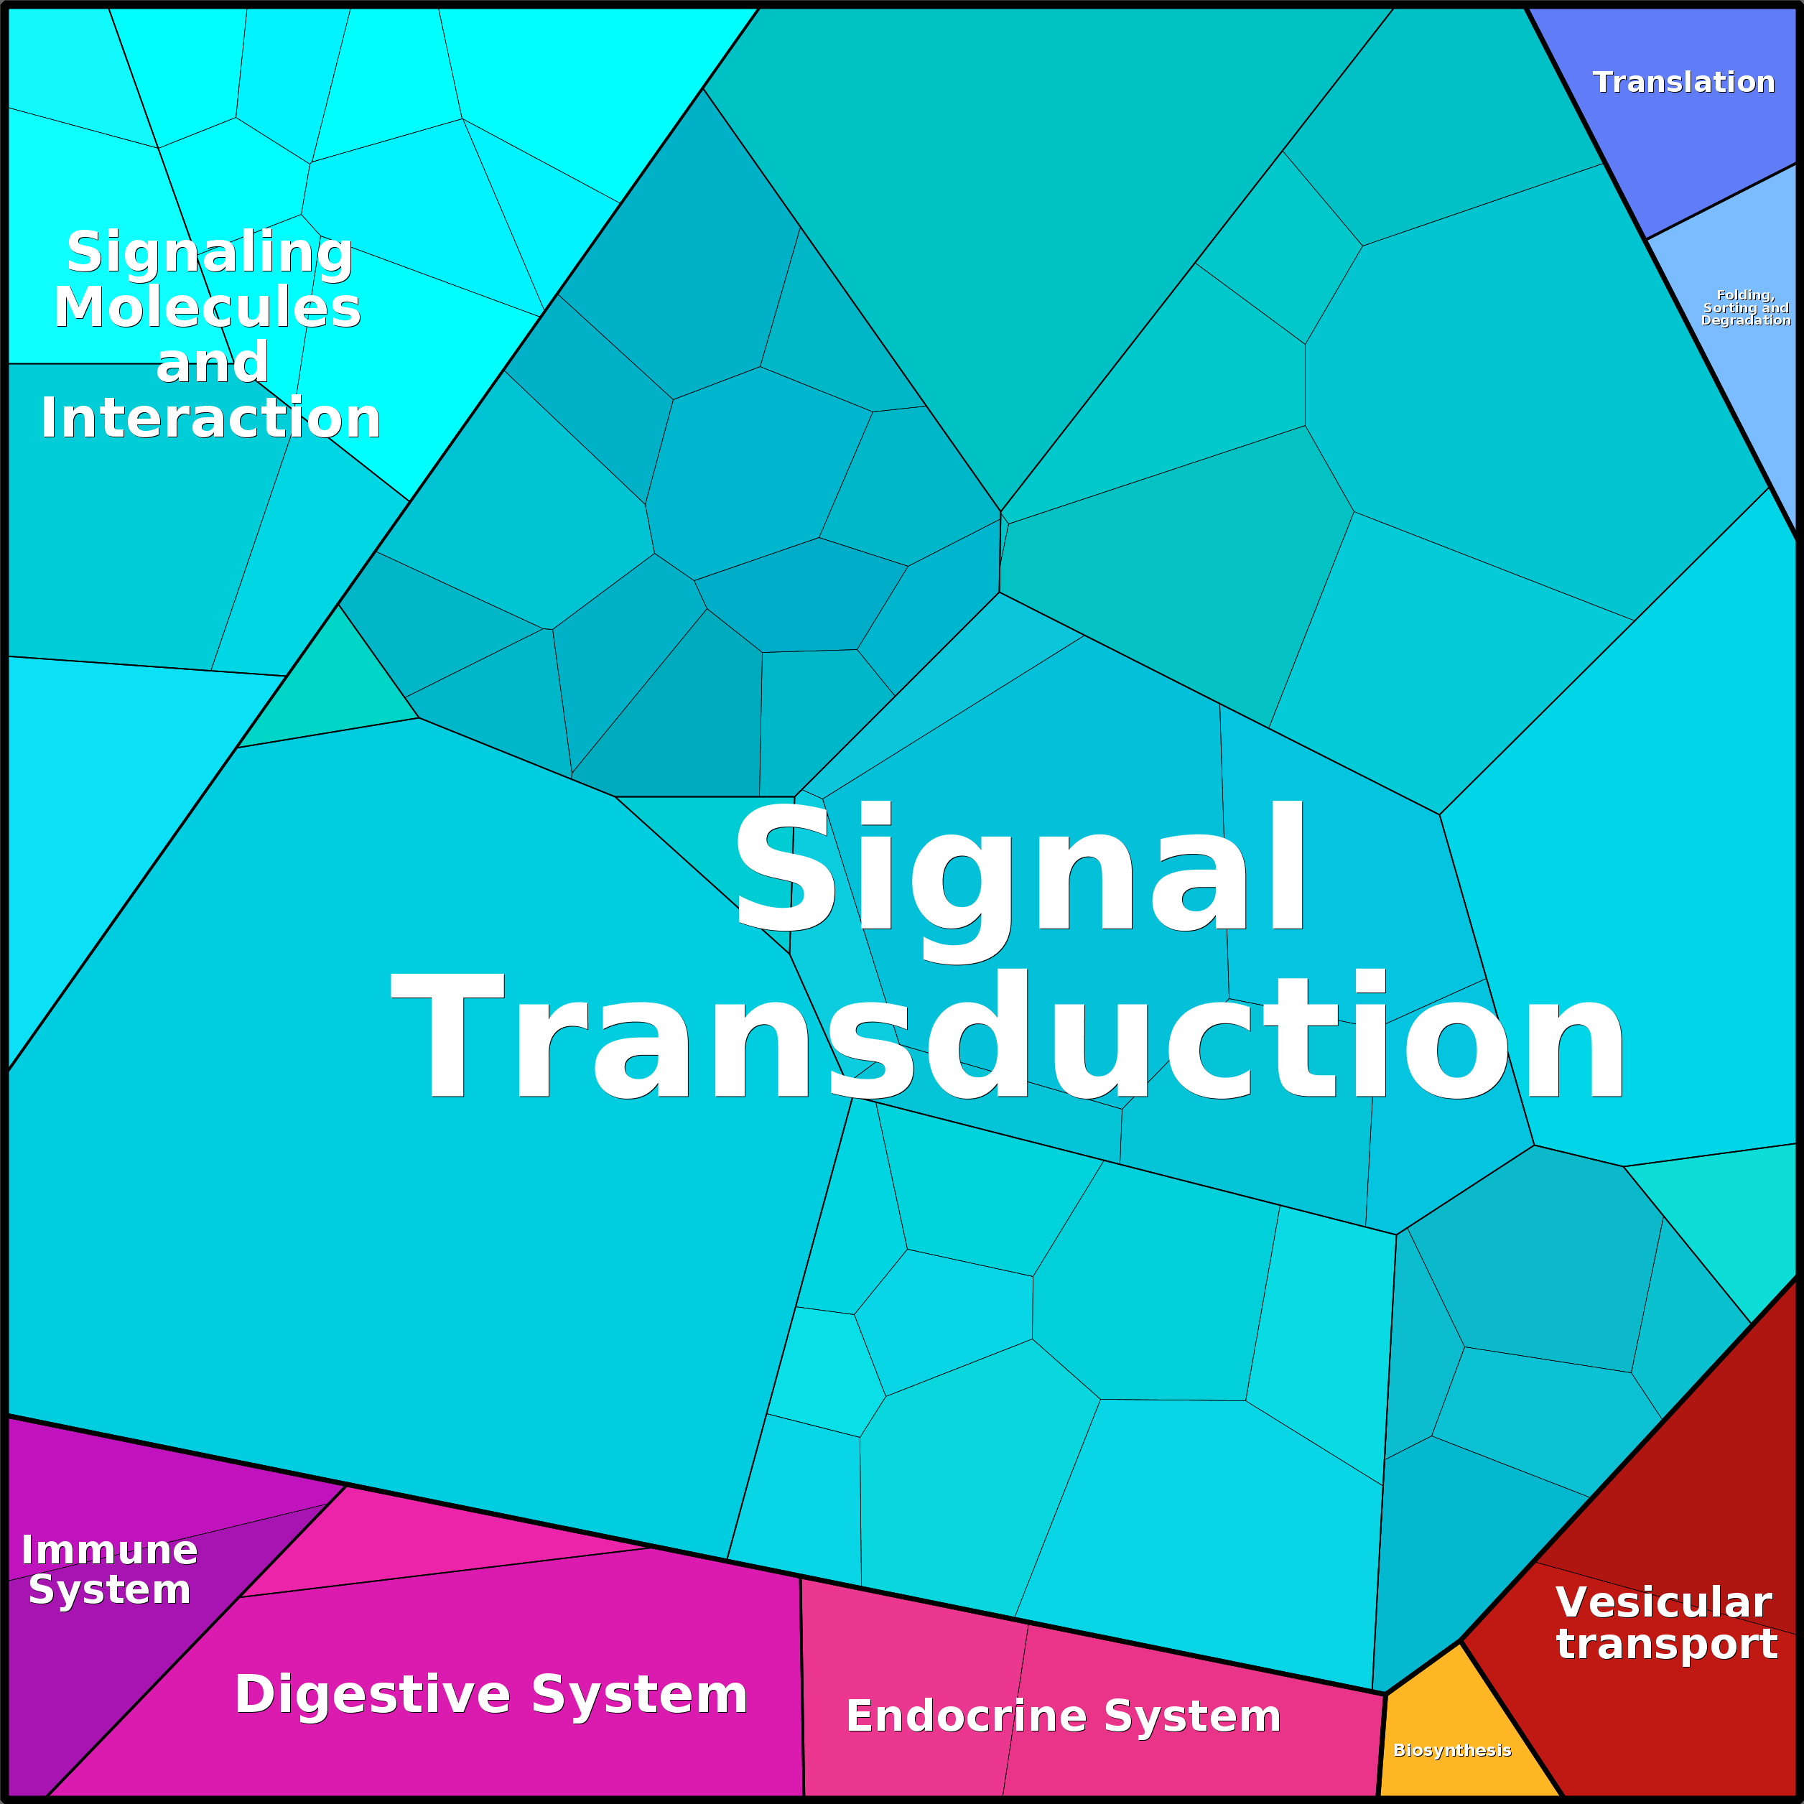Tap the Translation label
coord(1683,82)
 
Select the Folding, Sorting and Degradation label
coord(1746,307)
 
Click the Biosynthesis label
coord(1452,1750)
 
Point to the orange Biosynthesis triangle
coord(1466,1736)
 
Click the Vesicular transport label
coord(1666,1623)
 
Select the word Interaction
coord(210,417)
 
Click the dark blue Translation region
coord(1690,131)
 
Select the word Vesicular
coord(1664,1602)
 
